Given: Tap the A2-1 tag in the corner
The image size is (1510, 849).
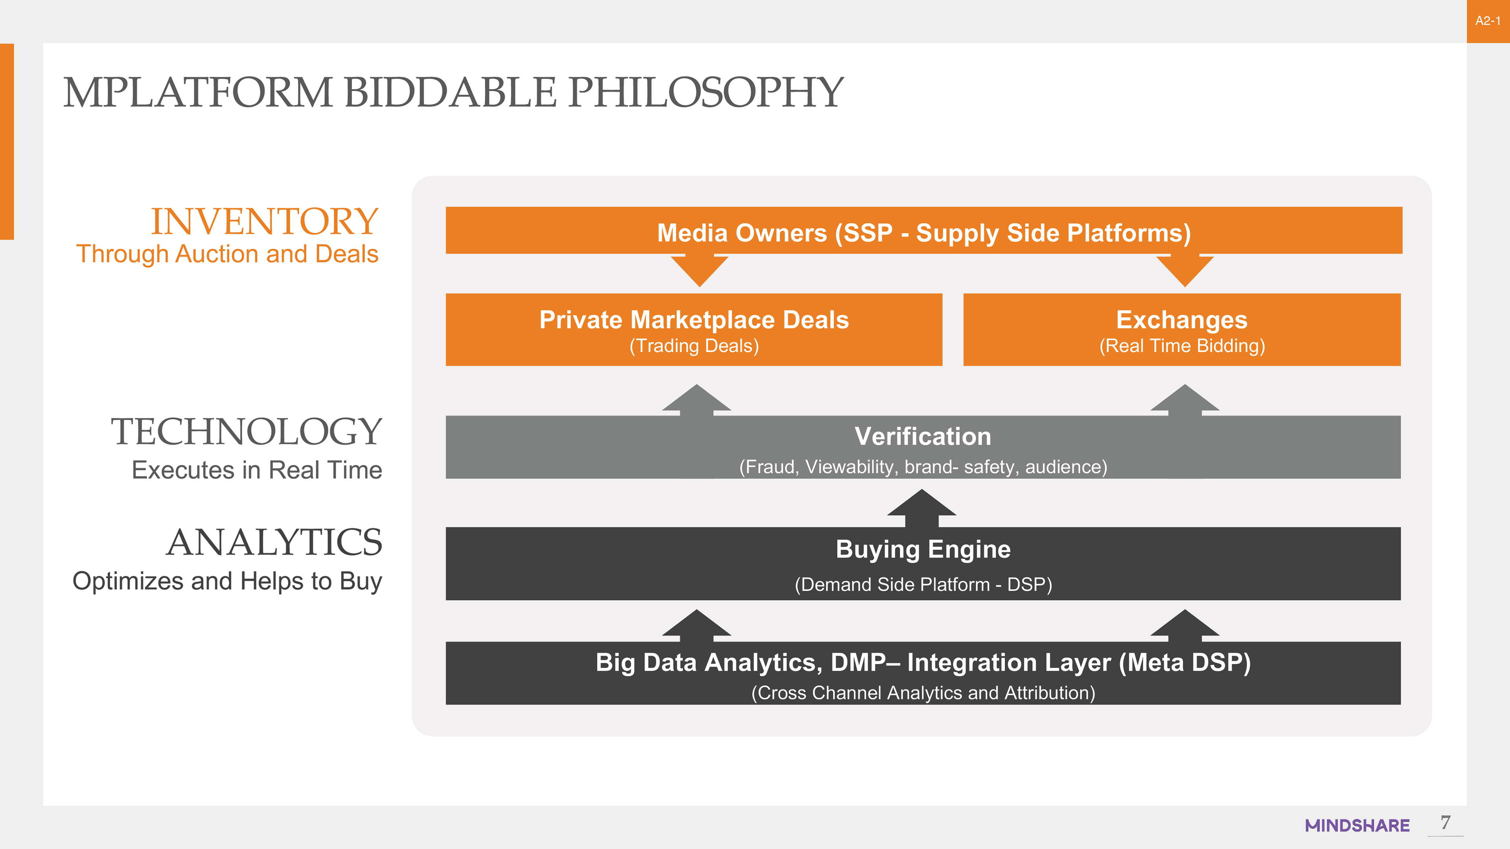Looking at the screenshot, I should pos(1488,21).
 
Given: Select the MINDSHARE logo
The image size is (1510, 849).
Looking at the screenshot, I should pos(1357,825).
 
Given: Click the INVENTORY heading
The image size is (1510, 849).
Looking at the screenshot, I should pos(264,221).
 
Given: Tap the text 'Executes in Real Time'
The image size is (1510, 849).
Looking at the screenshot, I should pos(257,470).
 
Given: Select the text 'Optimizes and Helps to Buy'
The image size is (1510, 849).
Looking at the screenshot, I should pos(227,581).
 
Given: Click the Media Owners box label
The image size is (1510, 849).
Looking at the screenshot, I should pos(924,233).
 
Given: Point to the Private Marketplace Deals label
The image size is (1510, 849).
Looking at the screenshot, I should pos(694,320).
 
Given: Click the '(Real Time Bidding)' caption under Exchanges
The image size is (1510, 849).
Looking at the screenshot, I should pos(1182,346).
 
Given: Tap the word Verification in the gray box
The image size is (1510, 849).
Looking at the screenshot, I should pos(923,437).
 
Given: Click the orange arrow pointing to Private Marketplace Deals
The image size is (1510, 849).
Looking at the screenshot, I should pos(699,271).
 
